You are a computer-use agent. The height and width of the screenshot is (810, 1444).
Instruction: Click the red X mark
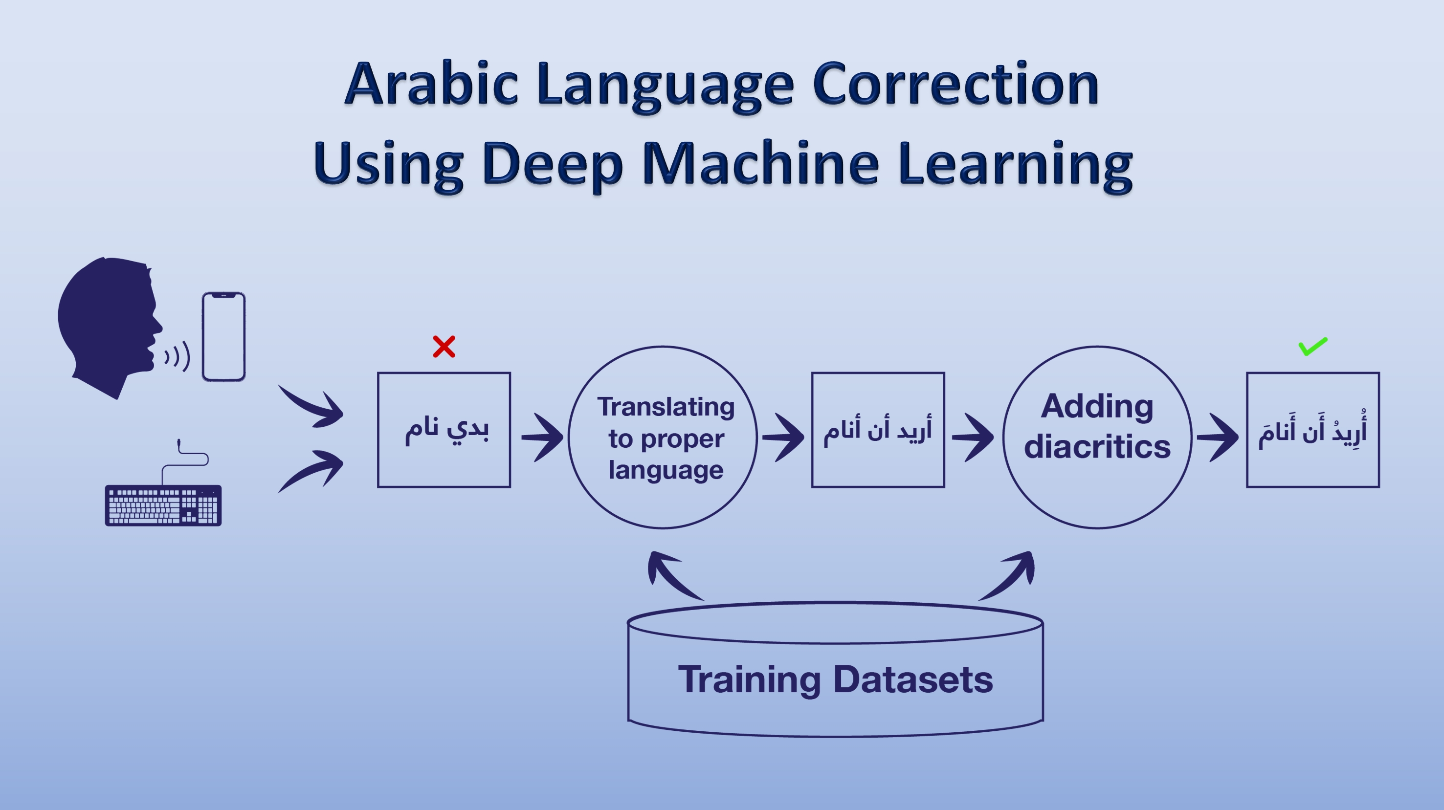point(444,347)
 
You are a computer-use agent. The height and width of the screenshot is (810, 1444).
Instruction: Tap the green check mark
point(1313,347)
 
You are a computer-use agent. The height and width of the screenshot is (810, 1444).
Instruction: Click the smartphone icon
point(223,337)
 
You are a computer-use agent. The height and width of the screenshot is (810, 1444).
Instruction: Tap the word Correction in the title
point(956,84)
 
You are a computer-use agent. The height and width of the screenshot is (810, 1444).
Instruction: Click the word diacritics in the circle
point(1098,447)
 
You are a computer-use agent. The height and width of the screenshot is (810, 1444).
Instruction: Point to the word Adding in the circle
point(1098,407)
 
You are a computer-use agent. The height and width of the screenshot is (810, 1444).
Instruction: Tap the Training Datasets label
point(835,680)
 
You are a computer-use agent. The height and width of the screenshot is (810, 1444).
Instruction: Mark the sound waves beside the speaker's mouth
point(177,356)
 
